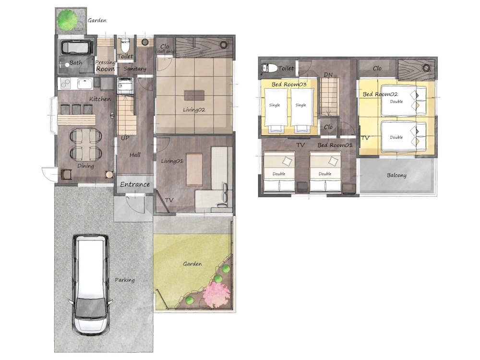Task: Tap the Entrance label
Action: pyautogui.click(x=135, y=184)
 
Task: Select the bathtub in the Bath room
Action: pyautogui.click(x=76, y=48)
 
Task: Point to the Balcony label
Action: pyautogui.click(x=396, y=175)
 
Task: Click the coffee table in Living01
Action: pyautogui.click(x=194, y=169)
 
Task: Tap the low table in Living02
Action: pyautogui.click(x=194, y=95)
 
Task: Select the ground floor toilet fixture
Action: pyautogui.click(x=125, y=45)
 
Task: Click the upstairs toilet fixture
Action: pyautogui.click(x=270, y=68)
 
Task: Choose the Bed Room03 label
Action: pyautogui.click(x=289, y=84)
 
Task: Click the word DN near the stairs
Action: pyautogui.click(x=328, y=75)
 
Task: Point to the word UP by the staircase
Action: pyautogui.click(x=125, y=138)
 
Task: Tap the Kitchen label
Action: pyautogui.click(x=100, y=99)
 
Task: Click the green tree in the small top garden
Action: pyautogui.click(x=67, y=20)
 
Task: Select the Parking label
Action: pyautogui.click(x=125, y=280)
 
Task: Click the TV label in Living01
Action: pyautogui.click(x=169, y=200)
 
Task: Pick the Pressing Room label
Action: pyautogui.click(x=105, y=65)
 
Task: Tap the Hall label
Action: pyautogui.click(x=135, y=155)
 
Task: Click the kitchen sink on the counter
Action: pyautogui.click(x=85, y=83)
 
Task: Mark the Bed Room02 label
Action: pyautogui.click(x=380, y=94)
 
